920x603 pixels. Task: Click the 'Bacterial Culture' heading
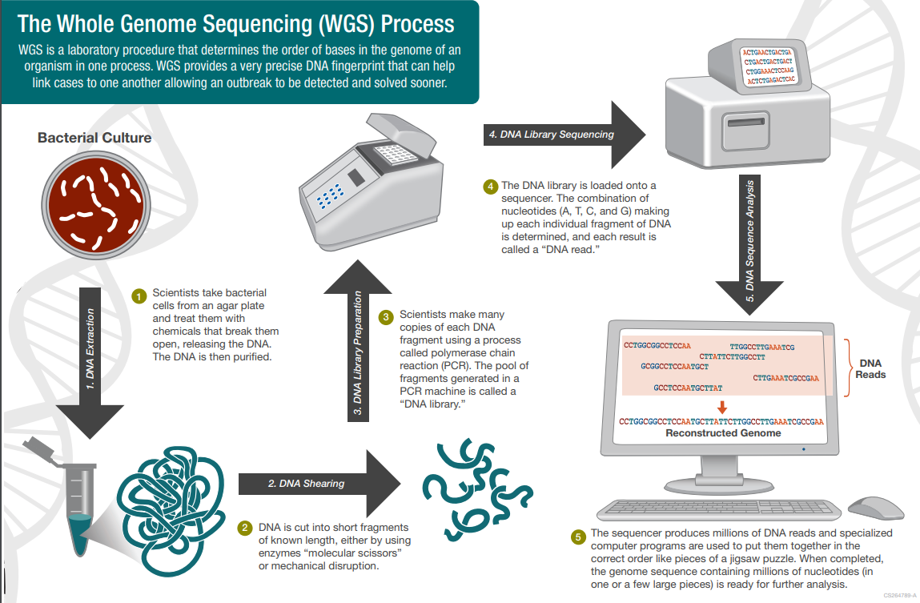point(94,138)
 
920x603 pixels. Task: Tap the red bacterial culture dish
point(94,202)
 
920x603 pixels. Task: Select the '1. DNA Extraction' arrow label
point(90,348)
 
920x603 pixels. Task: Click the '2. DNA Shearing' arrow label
point(306,483)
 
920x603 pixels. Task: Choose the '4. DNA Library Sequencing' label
point(551,135)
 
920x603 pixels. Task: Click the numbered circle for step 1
point(138,295)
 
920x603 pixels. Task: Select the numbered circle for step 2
point(245,529)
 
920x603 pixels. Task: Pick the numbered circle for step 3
point(385,317)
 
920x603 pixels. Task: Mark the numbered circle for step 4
point(490,187)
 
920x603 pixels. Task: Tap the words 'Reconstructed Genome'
point(723,433)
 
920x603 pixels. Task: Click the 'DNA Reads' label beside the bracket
point(871,368)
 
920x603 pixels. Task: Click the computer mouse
point(875,507)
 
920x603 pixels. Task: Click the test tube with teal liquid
point(77,502)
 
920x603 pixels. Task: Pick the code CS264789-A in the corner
point(899,596)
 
